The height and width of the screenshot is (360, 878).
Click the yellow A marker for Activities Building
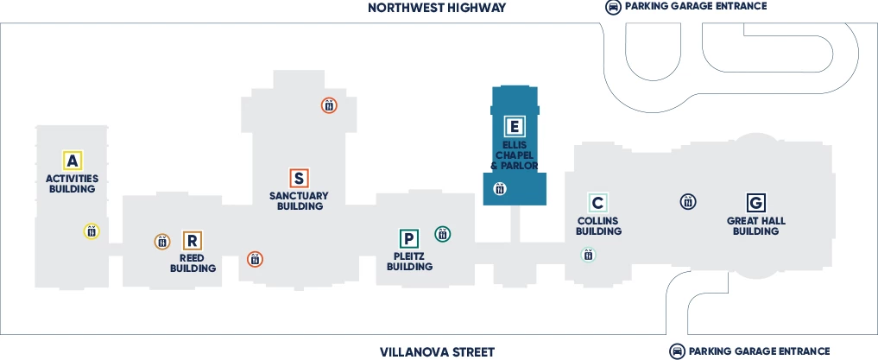[73, 160]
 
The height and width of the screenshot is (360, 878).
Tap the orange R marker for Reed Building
[193, 241]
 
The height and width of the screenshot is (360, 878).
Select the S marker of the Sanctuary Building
[299, 178]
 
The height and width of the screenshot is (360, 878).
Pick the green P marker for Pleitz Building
[409, 238]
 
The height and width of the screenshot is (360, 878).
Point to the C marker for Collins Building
[598, 203]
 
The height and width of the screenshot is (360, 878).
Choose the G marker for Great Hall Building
[755, 203]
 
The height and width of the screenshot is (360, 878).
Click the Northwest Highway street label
[437, 8]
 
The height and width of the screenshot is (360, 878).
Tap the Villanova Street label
[437, 351]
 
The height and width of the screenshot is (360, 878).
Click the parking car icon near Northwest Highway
[613, 7]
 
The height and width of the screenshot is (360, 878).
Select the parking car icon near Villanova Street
[678, 351]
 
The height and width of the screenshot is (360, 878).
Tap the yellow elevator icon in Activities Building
[92, 231]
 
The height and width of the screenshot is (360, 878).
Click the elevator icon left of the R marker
[162, 242]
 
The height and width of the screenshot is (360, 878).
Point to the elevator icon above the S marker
[329, 105]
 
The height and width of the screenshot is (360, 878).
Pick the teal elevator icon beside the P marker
[442, 233]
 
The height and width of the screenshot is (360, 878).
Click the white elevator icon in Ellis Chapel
[499, 188]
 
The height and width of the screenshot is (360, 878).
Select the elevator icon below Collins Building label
[588, 255]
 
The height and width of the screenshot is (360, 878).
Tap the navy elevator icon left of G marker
[688, 202]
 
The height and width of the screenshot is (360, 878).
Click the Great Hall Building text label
[755, 226]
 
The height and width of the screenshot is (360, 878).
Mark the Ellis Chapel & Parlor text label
[515, 155]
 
